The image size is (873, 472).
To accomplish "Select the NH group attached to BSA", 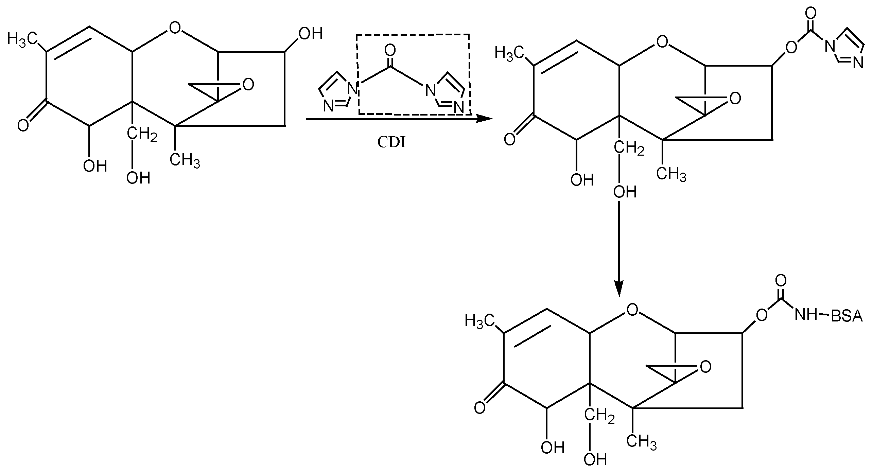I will tap(806, 316).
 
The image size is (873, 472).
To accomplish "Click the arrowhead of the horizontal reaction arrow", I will tap(484, 119).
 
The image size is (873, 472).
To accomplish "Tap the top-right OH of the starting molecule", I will tap(310, 34).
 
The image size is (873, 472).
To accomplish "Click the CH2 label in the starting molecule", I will tap(142, 135).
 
